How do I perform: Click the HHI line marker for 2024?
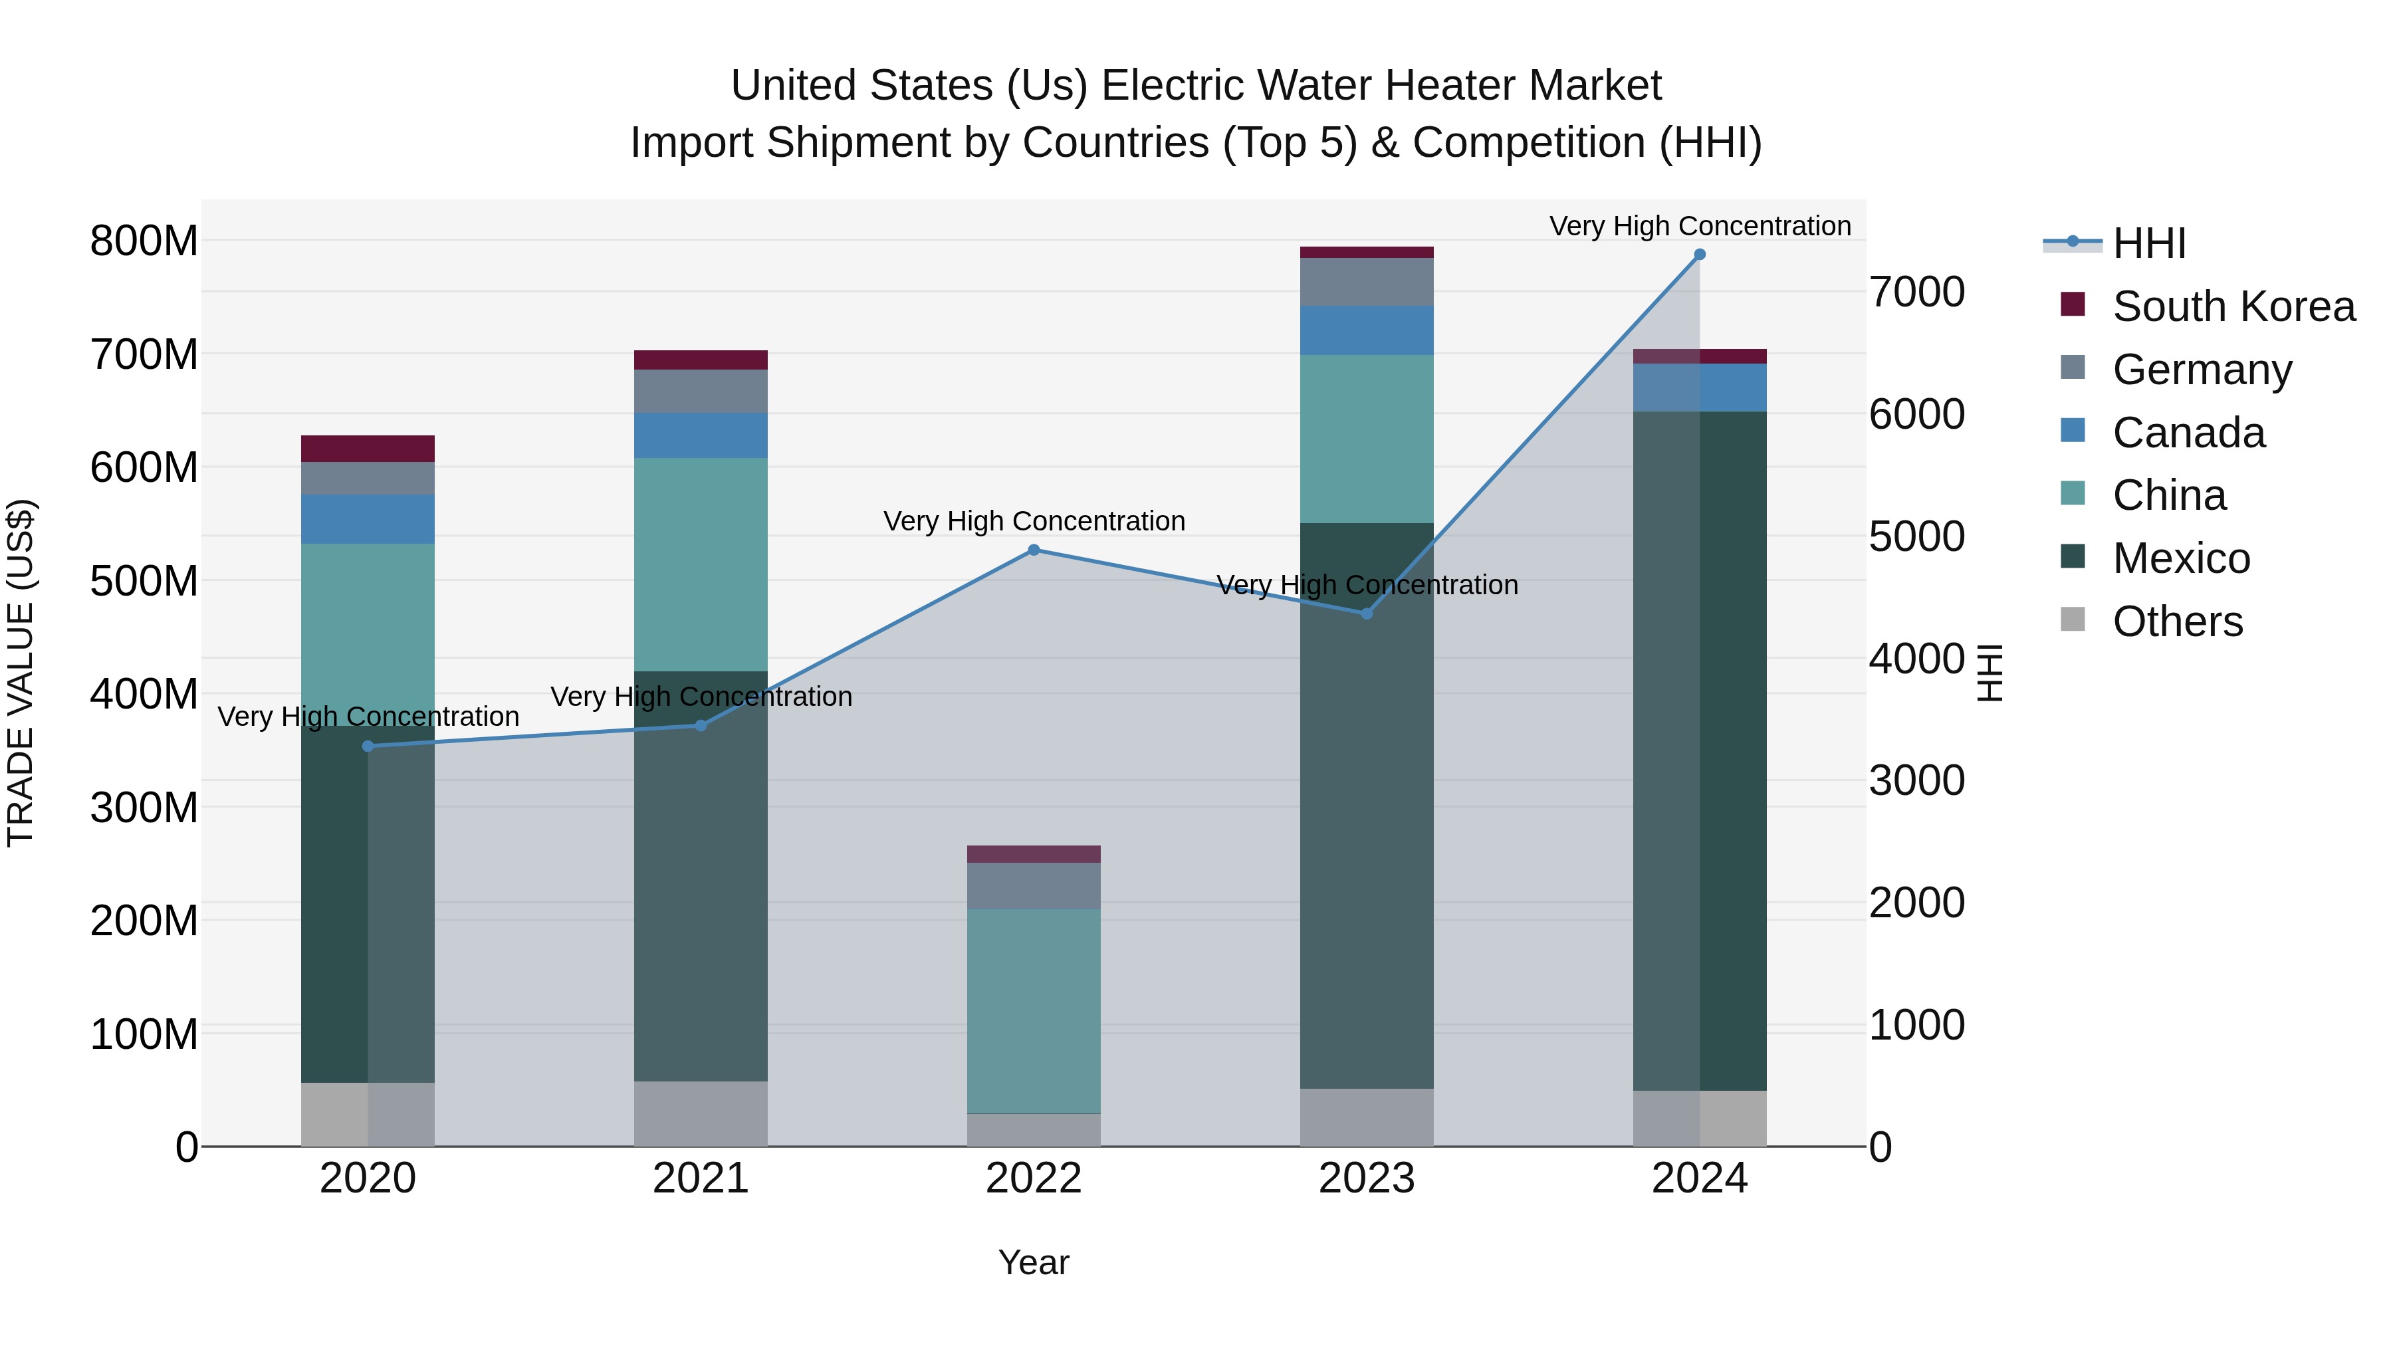[1699, 255]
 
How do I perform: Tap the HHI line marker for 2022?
[1034, 550]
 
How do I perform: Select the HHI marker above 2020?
[368, 746]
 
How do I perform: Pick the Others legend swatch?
[2073, 619]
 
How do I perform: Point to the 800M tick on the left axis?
[144, 241]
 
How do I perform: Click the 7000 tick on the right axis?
[1916, 292]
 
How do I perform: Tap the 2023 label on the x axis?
[1367, 1178]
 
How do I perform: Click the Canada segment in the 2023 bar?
[1367, 330]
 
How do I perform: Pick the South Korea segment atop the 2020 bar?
[368, 449]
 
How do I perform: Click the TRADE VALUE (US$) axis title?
[21, 673]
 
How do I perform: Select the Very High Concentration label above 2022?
[1034, 521]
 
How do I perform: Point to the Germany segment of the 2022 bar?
[1034, 885]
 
